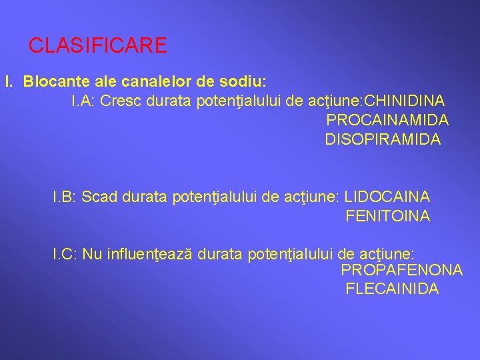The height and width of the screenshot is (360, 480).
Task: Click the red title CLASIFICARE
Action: [x=97, y=45]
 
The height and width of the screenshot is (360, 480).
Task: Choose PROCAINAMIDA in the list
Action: [x=387, y=120]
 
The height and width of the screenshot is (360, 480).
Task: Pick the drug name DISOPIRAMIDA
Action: [x=382, y=139]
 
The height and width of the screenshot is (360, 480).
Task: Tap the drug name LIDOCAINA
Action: [x=387, y=197]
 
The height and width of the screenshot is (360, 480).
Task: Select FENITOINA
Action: [x=387, y=216]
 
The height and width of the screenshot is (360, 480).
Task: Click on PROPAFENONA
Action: [x=401, y=270]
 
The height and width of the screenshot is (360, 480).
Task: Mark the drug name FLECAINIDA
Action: [x=392, y=289]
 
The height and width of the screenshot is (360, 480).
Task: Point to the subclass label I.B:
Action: [x=65, y=197]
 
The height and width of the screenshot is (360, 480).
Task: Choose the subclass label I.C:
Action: [x=65, y=254]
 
